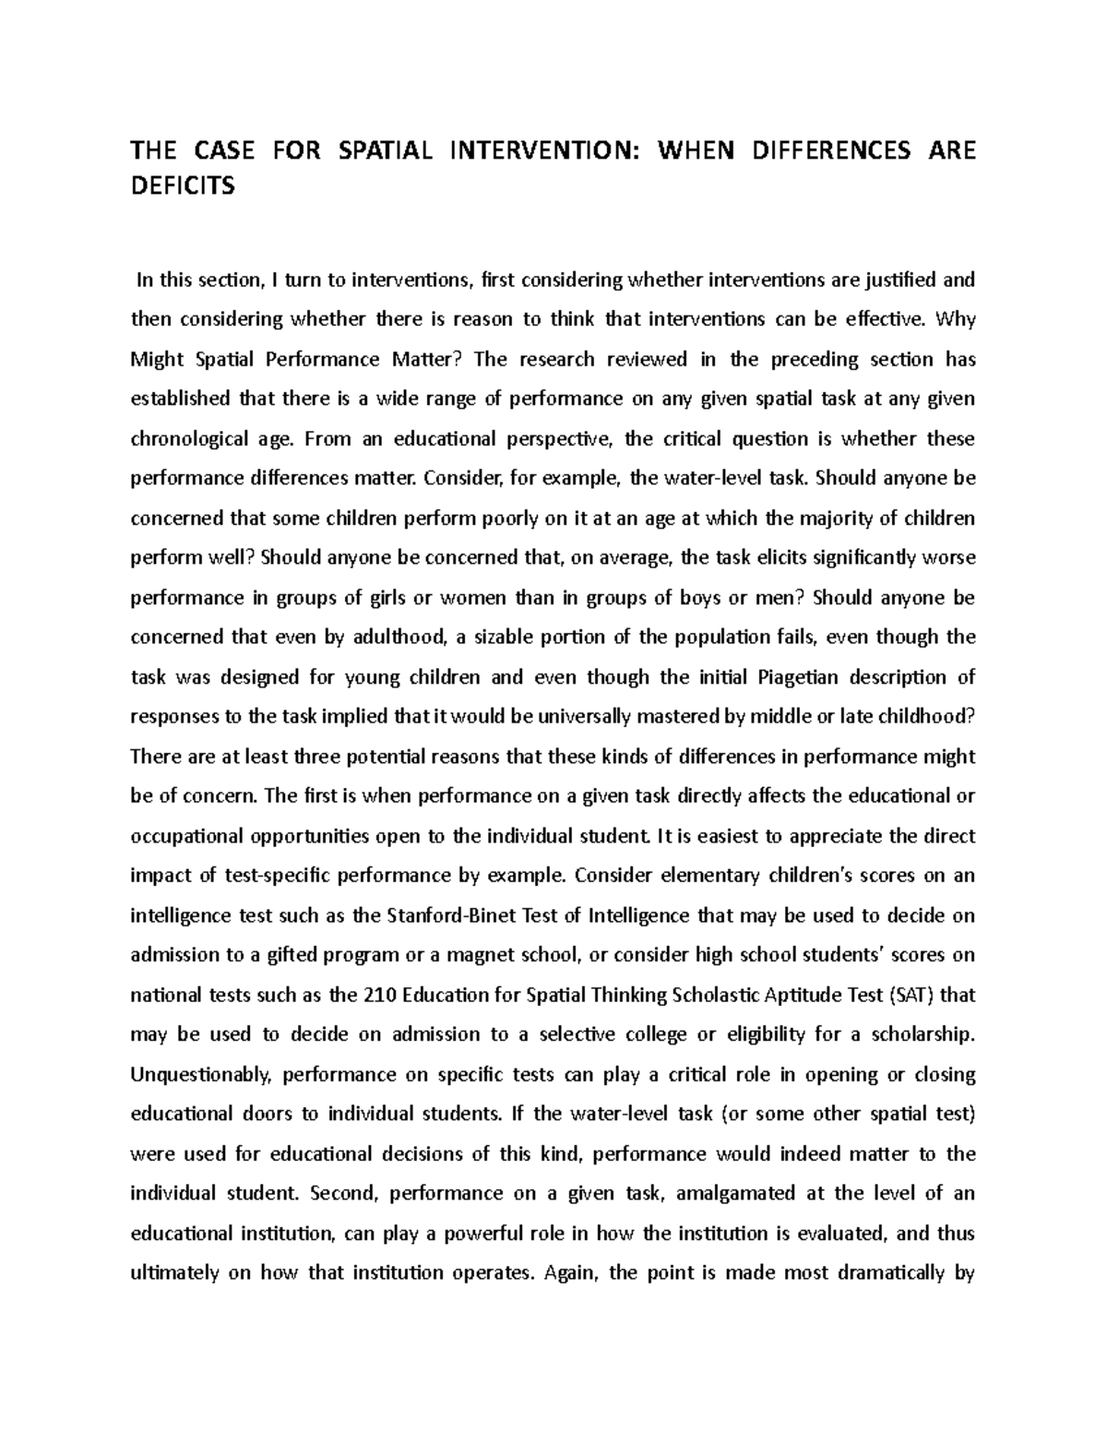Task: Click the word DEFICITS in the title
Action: click(x=183, y=187)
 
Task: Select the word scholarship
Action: click(x=916, y=1035)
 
